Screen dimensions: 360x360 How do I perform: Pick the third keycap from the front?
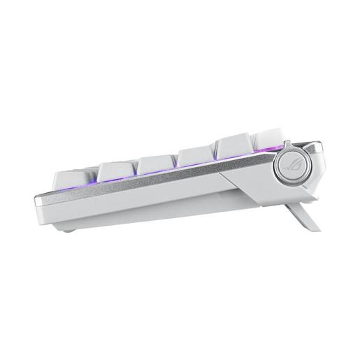[x=156, y=164]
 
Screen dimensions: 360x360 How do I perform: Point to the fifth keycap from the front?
[x=236, y=147]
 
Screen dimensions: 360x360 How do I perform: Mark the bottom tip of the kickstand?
[x=308, y=228]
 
